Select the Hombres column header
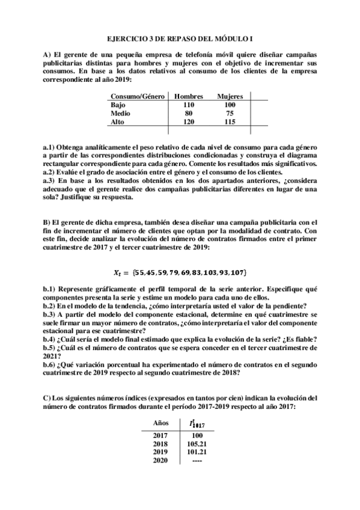coord(189,96)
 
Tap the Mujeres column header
coord(230,96)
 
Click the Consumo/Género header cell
coord(137,96)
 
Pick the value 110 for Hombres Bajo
coord(189,105)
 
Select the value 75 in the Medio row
coord(230,113)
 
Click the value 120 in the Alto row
coord(189,121)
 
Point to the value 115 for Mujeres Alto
coord(230,121)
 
